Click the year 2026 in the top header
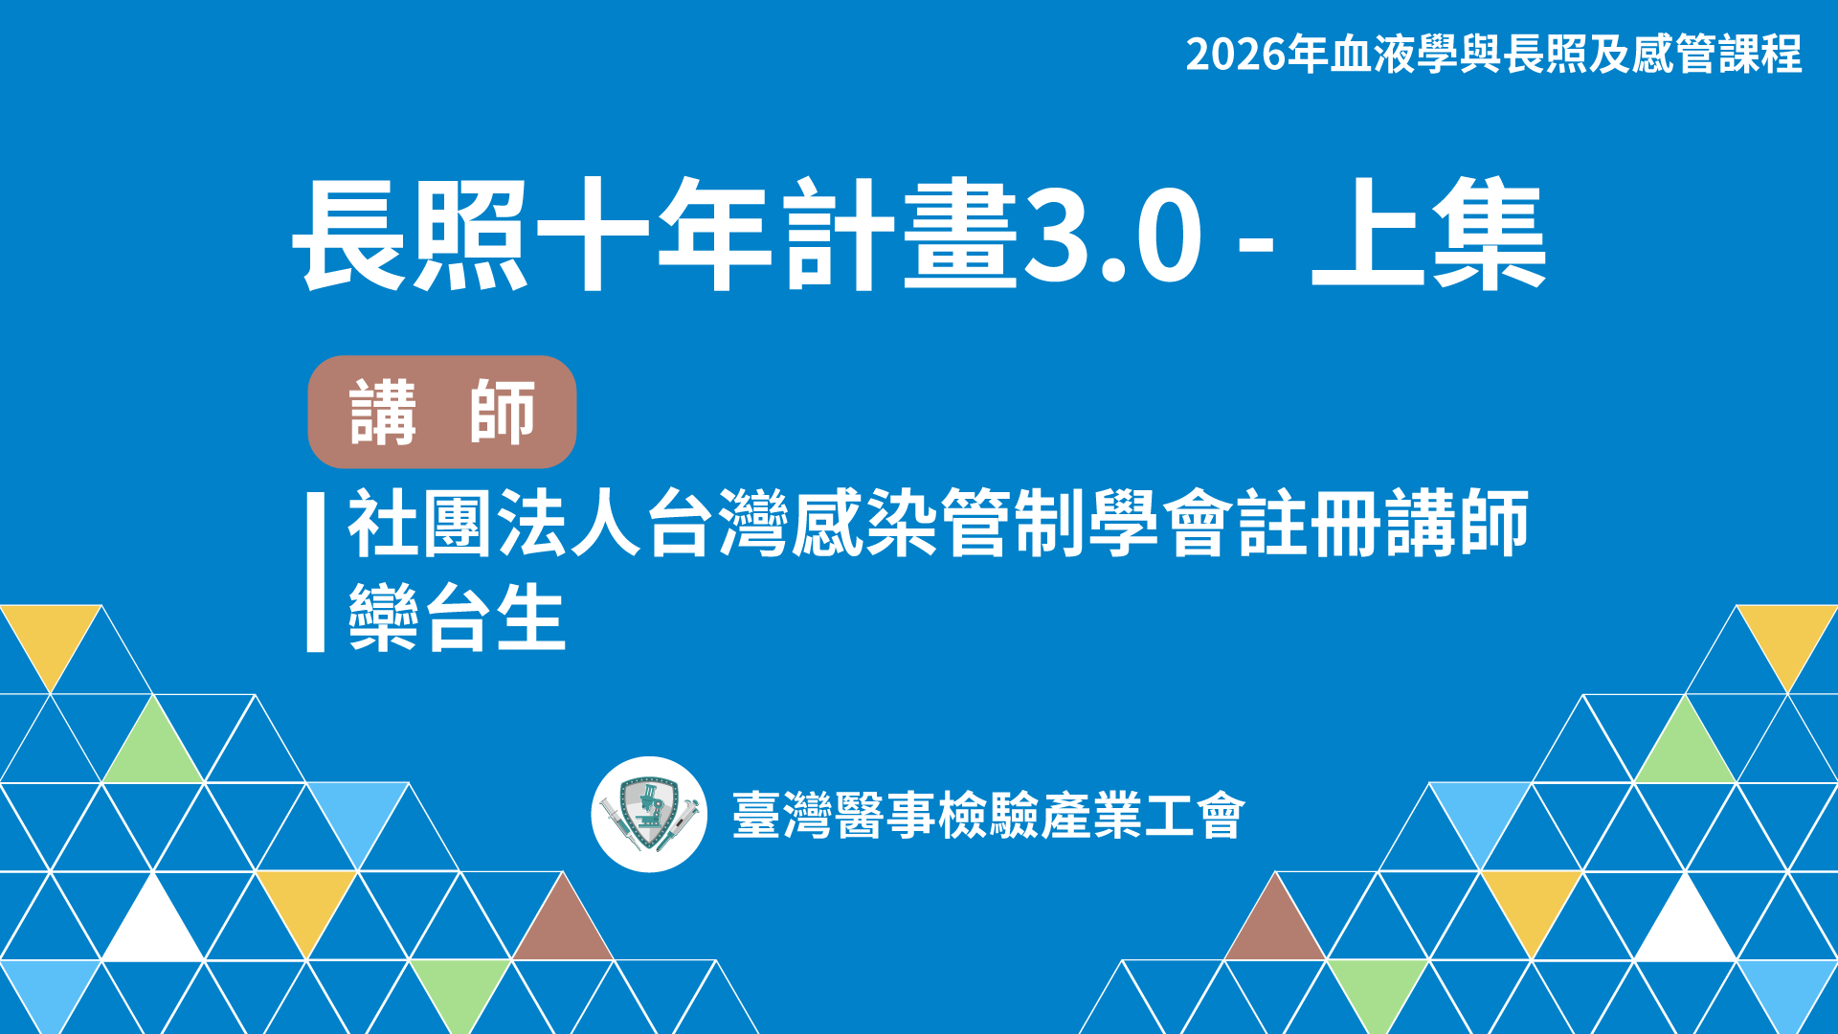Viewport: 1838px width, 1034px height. pyautogui.click(x=1236, y=55)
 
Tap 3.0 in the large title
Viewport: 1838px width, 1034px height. pyautogui.click(x=1111, y=236)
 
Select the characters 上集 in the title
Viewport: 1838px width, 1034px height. pyautogui.click(x=1428, y=235)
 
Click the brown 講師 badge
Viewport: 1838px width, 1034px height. pyautogui.click(x=442, y=412)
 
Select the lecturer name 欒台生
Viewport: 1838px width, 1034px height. pyautogui.click(x=457, y=618)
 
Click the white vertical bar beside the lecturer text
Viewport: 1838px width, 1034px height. pyautogui.click(x=316, y=573)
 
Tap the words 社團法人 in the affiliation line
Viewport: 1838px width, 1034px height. pyautogui.click(x=493, y=523)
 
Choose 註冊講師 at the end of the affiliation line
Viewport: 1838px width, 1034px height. pyautogui.click(x=1383, y=523)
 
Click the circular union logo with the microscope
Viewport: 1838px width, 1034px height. pyautogui.click(x=649, y=815)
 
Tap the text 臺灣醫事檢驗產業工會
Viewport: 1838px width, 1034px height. pyautogui.click(x=989, y=816)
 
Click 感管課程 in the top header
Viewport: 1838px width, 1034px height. pyautogui.click(x=1716, y=55)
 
